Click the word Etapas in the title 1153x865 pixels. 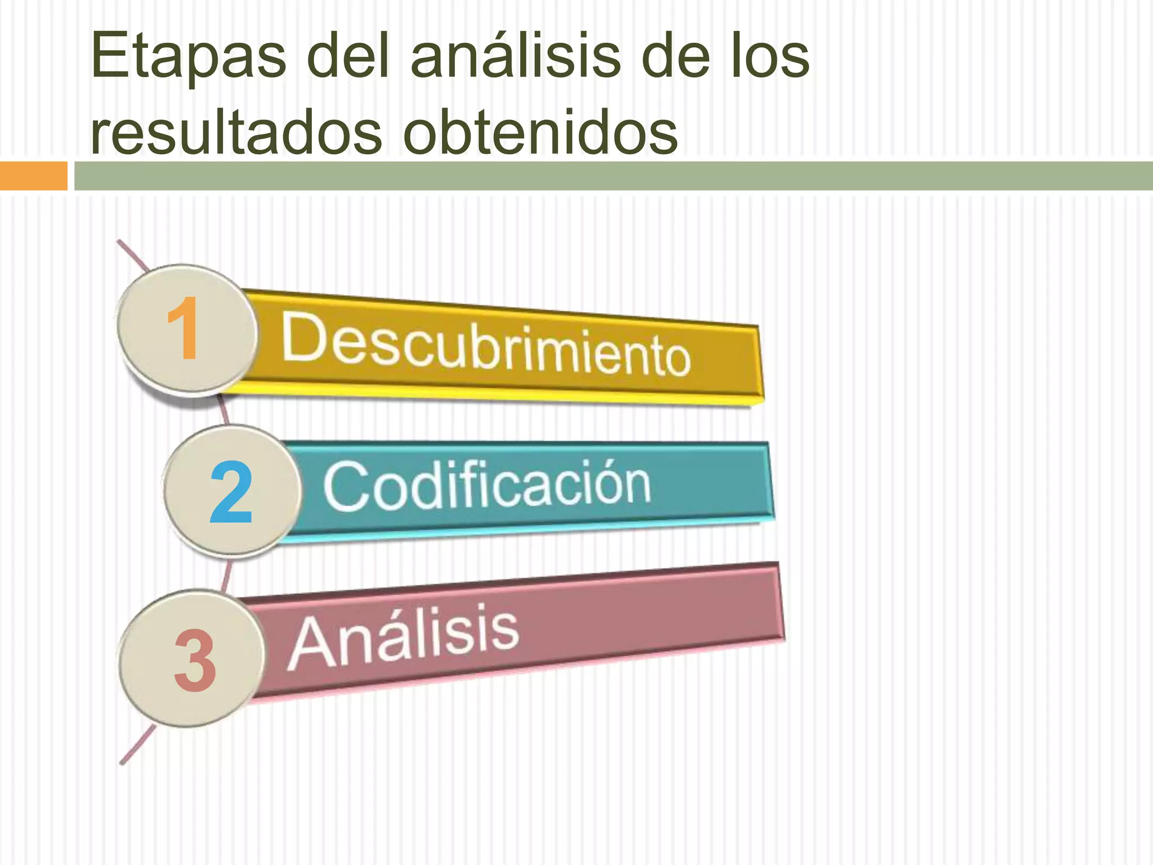pyautogui.click(x=188, y=56)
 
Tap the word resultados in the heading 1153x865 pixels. pyautogui.click(x=236, y=132)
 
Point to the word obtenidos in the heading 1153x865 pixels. pyautogui.click(x=540, y=132)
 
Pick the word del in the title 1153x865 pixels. pyautogui.click(x=349, y=56)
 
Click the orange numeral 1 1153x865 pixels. pyautogui.click(x=184, y=329)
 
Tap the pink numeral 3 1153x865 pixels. pyautogui.click(x=194, y=659)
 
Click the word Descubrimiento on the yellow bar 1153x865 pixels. pyautogui.click(x=485, y=345)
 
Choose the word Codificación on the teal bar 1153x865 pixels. pyautogui.click(x=486, y=484)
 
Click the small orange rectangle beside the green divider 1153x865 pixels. pyautogui.click(x=33, y=176)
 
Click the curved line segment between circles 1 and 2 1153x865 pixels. pyautogui.click(x=224, y=409)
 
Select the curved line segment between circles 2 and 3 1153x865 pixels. pyautogui.click(x=227, y=574)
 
